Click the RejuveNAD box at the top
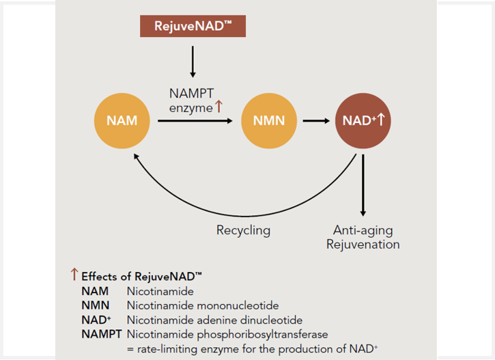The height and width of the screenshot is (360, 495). point(193,26)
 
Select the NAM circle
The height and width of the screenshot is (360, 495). point(122,121)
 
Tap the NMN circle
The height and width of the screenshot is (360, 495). point(269,121)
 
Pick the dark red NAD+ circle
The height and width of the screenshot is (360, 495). point(363,121)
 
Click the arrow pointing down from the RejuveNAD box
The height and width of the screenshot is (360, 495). point(193,61)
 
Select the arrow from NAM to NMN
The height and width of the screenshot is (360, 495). point(195,121)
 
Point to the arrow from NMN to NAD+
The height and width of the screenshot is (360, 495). point(316,121)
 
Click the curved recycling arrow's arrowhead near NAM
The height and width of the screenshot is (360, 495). point(136,156)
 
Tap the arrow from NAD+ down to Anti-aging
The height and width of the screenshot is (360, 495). point(363,185)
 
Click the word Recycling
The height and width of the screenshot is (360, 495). point(243,230)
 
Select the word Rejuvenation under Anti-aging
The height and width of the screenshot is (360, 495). point(363,245)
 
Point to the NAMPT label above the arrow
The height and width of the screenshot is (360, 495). point(191,94)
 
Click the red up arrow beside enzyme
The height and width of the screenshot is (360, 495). point(218,107)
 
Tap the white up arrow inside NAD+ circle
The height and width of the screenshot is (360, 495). point(382,120)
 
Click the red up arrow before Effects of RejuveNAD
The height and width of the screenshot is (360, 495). point(74,274)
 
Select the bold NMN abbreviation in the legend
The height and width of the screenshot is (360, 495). point(96,305)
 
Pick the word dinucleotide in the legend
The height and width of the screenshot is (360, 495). point(271,320)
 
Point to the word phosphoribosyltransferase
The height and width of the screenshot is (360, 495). point(262,335)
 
